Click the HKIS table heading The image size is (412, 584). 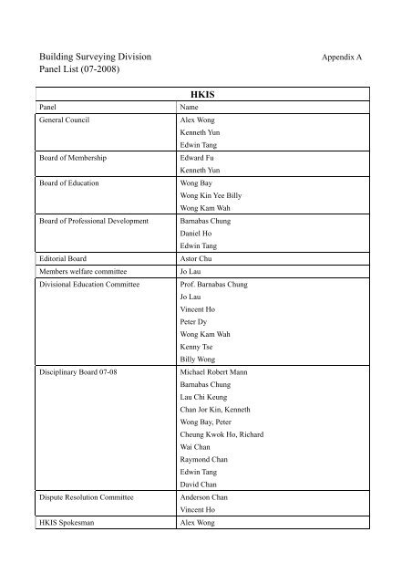pyautogui.click(x=201, y=93)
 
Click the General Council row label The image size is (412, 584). pyautogui.click(x=63, y=120)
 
